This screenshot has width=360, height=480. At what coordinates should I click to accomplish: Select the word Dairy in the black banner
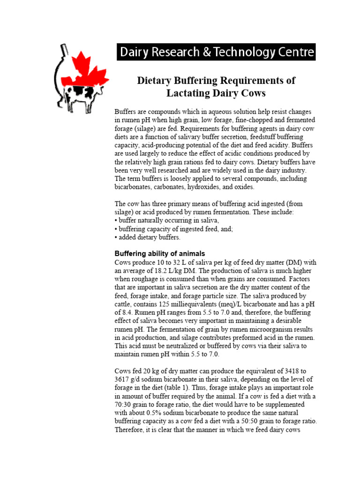pyautogui.click(x=135, y=52)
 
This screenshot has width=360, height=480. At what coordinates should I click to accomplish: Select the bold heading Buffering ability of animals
pyautogui.click(x=160, y=254)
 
